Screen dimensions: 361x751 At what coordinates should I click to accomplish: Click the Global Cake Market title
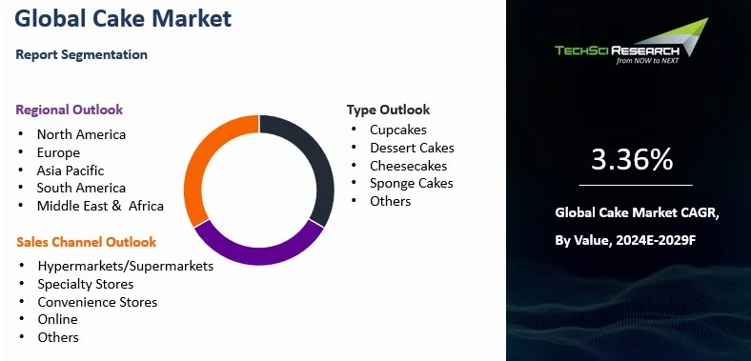pos(124,18)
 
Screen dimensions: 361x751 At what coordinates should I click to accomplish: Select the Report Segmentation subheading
pos(82,54)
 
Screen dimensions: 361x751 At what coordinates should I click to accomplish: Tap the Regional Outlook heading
pos(70,110)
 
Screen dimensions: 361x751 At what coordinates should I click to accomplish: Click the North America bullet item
pos(81,134)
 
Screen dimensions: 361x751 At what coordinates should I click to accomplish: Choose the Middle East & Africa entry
pos(100,206)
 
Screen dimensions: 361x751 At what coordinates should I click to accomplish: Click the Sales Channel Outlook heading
pos(86,242)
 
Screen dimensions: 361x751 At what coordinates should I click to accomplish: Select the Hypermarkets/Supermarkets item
pos(125,266)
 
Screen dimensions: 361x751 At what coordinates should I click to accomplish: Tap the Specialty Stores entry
pos(85,284)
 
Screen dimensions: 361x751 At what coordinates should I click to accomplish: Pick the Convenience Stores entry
pos(97,302)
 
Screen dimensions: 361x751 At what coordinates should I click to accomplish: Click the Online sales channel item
pos(57,319)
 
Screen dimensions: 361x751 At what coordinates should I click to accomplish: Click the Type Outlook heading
pos(388,110)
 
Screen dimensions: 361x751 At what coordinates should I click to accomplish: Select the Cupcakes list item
pos(398,130)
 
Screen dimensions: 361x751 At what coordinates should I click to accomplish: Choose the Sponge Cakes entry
pos(412,183)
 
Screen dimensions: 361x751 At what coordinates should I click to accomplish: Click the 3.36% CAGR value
pos(632,160)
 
